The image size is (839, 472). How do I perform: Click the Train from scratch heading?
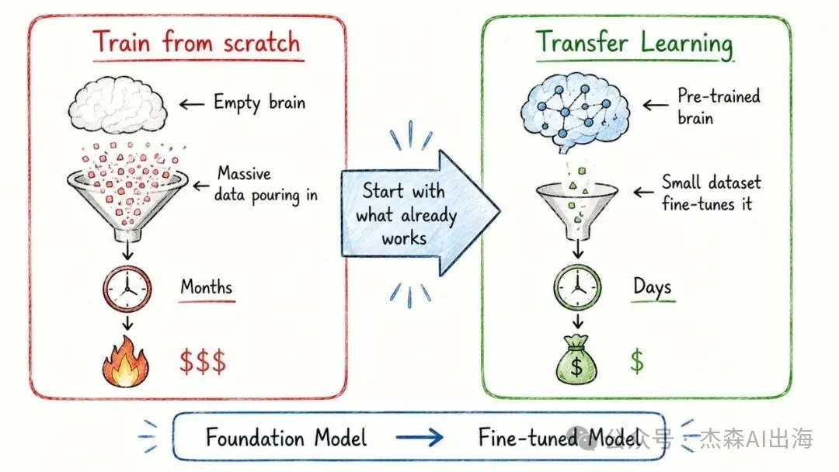[197, 42]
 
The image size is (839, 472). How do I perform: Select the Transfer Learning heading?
[635, 43]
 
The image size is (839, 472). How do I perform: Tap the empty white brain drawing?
[118, 104]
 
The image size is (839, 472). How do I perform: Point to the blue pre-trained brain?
[575, 109]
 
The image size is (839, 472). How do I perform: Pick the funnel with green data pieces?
[576, 206]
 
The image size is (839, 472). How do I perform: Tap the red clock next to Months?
[127, 289]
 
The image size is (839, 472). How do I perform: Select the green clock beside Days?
[577, 288]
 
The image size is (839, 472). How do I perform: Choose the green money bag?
[576, 359]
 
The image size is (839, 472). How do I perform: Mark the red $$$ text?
[203, 361]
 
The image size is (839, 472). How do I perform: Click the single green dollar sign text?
[637, 360]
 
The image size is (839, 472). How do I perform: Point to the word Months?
[207, 287]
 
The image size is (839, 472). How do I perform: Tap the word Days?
[652, 287]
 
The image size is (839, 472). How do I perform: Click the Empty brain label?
[259, 102]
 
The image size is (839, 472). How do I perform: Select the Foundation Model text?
[286, 438]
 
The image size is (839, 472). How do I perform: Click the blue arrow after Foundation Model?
[419, 438]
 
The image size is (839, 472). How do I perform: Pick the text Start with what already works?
[405, 214]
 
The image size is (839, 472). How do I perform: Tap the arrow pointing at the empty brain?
[191, 104]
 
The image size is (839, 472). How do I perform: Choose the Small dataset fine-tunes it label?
[711, 193]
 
